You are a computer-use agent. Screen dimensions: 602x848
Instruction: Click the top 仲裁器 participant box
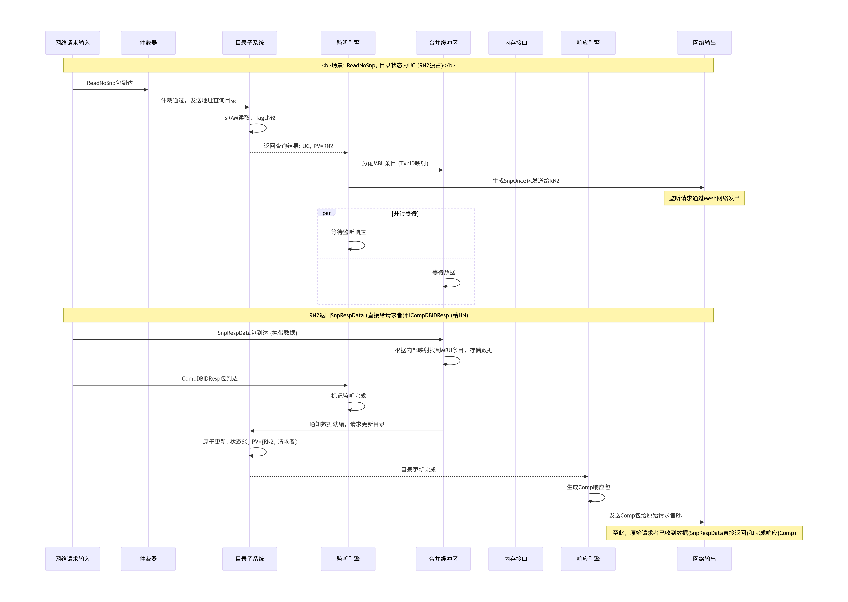pos(148,43)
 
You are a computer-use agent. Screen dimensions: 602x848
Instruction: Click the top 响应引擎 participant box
pos(588,43)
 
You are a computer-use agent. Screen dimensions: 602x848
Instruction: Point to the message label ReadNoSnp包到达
pos(110,83)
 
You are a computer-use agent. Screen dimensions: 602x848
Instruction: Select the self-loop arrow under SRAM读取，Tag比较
pos(259,128)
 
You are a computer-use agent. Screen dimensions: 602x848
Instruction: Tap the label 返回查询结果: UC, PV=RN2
pos(298,146)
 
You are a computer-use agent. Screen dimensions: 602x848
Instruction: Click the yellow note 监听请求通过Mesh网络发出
pos(704,198)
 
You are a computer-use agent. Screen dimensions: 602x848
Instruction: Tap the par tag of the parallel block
pos(326,213)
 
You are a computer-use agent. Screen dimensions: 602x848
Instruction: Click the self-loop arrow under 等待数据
pos(453,283)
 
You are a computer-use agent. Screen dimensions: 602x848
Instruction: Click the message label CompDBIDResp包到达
pos(210,379)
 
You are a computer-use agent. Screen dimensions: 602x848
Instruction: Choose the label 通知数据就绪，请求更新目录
pos(347,424)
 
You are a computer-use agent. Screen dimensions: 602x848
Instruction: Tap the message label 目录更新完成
pos(418,470)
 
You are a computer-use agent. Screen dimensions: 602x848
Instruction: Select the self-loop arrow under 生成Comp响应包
pos(598,498)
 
